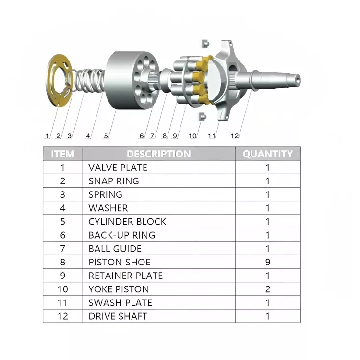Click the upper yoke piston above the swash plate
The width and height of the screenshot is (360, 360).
(204, 43)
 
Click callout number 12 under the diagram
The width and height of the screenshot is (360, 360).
(234, 136)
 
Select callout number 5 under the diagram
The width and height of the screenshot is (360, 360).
(106, 136)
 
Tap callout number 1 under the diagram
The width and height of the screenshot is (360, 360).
(47, 136)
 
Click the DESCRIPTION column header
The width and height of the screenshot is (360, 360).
(158, 154)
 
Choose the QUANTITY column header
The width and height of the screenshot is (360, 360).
(267, 154)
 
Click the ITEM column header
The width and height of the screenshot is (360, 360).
(62, 154)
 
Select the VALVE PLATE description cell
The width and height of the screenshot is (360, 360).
(118, 168)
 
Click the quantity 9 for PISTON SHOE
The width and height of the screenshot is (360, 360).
(268, 262)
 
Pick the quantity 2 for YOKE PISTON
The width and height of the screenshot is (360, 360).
(268, 289)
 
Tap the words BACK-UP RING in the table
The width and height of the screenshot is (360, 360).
(121, 235)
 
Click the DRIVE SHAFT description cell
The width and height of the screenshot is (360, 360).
(118, 316)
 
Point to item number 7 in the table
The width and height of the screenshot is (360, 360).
(62, 249)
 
